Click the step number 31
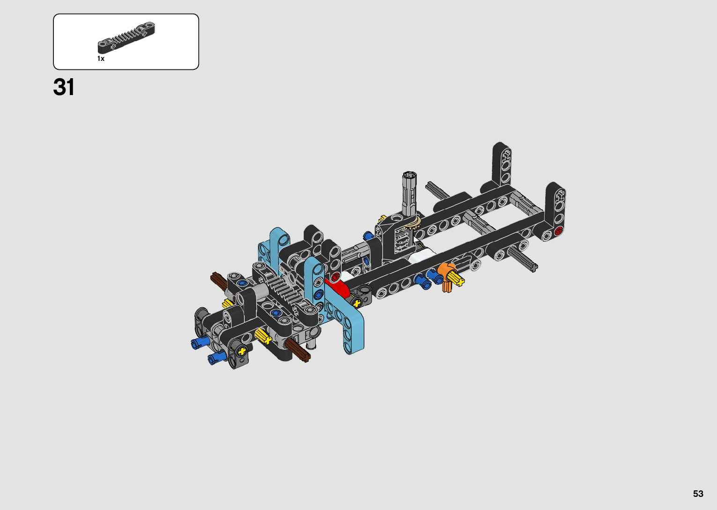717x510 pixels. coord(64,87)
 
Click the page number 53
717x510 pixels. coord(698,494)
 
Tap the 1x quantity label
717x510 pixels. coord(101,59)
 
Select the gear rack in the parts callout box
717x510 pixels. coord(126,37)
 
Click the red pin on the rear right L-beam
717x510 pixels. coord(559,230)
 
